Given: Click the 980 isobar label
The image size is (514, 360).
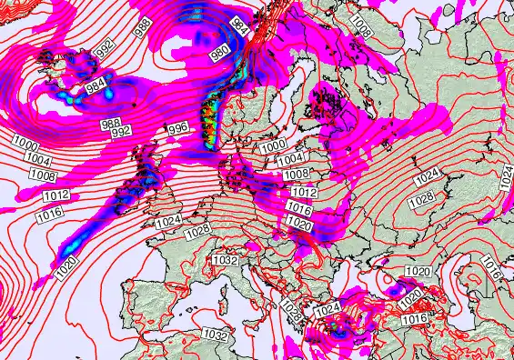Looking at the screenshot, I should [x=220, y=52].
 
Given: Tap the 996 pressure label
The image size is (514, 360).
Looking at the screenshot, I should [x=178, y=129].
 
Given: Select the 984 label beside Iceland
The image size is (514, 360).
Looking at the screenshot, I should [x=96, y=86].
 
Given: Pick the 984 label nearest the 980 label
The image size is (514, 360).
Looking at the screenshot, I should [x=240, y=25].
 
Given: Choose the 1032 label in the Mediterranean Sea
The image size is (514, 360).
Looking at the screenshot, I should [x=216, y=335].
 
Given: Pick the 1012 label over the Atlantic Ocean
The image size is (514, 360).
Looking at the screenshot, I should [x=55, y=195].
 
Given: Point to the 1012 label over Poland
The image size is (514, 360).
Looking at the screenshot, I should [x=305, y=193].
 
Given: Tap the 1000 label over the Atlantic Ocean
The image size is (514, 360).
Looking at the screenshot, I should [x=25, y=145].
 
